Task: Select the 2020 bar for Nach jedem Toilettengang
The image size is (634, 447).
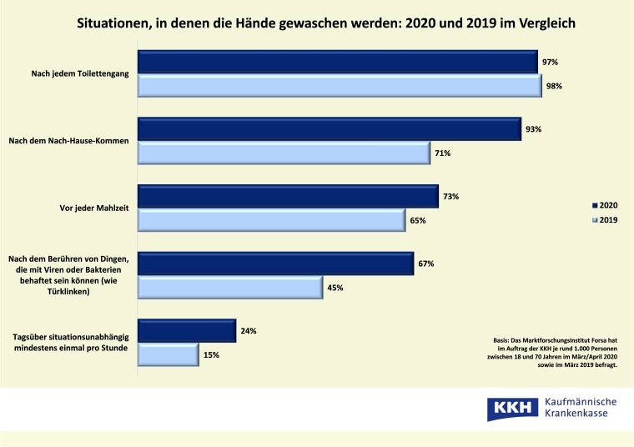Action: (337, 63)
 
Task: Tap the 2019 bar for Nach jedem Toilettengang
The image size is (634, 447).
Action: (340, 86)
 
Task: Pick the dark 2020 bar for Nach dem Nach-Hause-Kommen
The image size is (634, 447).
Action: (329, 129)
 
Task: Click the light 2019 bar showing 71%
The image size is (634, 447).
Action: (283, 153)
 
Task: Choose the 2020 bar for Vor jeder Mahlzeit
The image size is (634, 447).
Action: (288, 196)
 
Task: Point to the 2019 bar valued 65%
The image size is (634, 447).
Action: (271, 220)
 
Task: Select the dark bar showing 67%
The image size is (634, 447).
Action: (275, 264)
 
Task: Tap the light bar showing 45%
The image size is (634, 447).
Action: (229, 288)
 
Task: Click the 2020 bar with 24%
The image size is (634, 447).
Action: (186, 330)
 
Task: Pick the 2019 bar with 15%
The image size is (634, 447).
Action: (168, 354)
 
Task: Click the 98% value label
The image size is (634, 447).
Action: (554, 86)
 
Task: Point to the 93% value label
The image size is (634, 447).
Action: (534, 129)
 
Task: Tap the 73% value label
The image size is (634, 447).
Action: (451, 196)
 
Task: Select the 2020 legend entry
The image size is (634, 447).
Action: (604, 204)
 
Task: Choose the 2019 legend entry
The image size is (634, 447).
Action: (604, 219)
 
